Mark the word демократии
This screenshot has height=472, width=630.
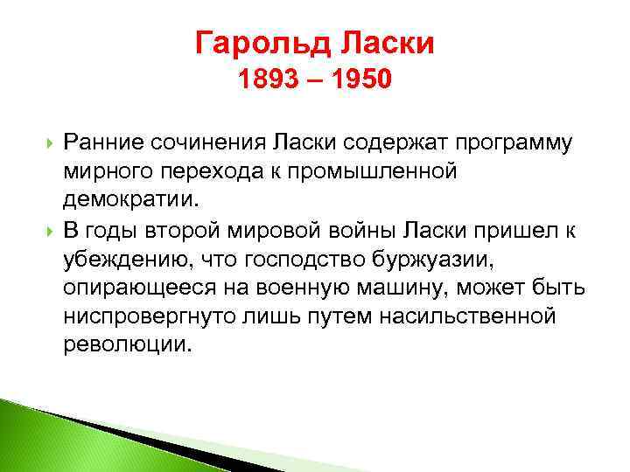[131, 199]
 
